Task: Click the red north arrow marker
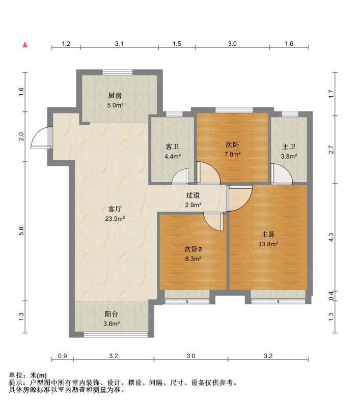(25, 45)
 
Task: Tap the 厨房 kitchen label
(115, 96)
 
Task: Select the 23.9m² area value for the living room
(115, 219)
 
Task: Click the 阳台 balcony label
(112, 314)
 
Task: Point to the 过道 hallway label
(193, 195)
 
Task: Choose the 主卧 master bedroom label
(268, 235)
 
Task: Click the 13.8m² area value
(268, 244)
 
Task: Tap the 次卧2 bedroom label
(193, 249)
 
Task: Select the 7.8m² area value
(233, 154)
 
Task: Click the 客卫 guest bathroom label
(173, 147)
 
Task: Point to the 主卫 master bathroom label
(289, 147)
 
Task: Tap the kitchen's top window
(118, 72)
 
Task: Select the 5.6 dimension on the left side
(21, 231)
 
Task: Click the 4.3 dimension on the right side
(331, 237)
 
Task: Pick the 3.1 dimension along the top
(119, 44)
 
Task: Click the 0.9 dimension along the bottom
(62, 356)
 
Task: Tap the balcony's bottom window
(116, 335)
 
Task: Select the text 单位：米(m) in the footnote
(28, 375)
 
